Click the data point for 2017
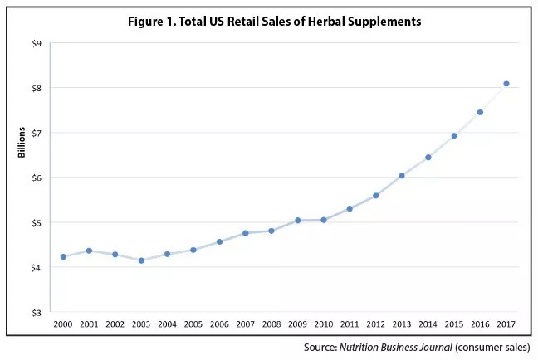pyautogui.click(x=506, y=84)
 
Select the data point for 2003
pyautogui.click(x=142, y=260)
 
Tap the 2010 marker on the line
pyautogui.click(x=324, y=220)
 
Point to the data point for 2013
pyautogui.click(x=402, y=176)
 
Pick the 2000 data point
pyautogui.click(x=63, y=257)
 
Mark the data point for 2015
pyautogui.click(x=454, y=135)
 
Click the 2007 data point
pyautogui.click(x=246, y=233)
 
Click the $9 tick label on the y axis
pyautogui.click(x=37, y=43)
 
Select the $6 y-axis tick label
pyautogui.click(x=37, y=178)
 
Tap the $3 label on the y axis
pyautogui.click(x=37, y=313)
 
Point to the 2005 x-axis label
pyautogui.click(x=193, y=323)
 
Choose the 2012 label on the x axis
pyautogui.click(x=375, y=323)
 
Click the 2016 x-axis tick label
pyautogui.click(x=480, y=323)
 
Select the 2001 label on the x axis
pyautogui.click(x=89, y=323)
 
